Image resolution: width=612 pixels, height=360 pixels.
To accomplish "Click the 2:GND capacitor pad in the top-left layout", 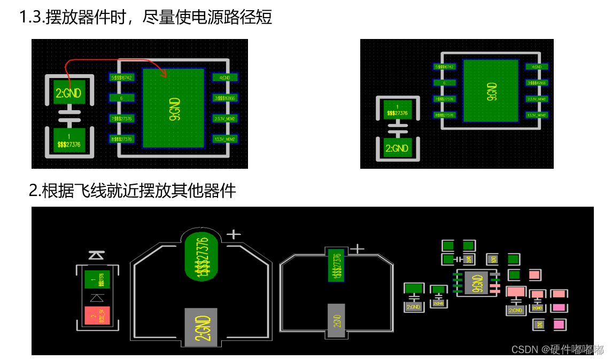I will click(x=68, y=93).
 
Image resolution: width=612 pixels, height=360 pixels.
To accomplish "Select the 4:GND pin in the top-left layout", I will click(x=224, y=77).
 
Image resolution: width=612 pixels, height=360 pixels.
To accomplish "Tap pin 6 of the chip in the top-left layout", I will click(x=122, y=98).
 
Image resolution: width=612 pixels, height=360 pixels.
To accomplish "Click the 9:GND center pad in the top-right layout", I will click(x=491, y=90).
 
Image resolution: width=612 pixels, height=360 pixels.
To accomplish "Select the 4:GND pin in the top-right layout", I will click(x=536, y=67).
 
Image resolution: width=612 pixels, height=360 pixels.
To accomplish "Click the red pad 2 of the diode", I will click(x=97, y=317).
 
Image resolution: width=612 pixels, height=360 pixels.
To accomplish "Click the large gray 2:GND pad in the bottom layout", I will click(x=201, y=324).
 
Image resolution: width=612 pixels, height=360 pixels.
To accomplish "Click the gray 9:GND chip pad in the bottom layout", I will click(x=477, y=283).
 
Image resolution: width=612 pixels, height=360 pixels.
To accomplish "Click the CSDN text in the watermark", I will click(x=524, y=349).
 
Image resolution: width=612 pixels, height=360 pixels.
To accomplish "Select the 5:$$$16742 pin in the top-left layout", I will click(x=122, y=77).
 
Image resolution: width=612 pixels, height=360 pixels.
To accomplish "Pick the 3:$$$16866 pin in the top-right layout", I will click(x=536, y=83).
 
